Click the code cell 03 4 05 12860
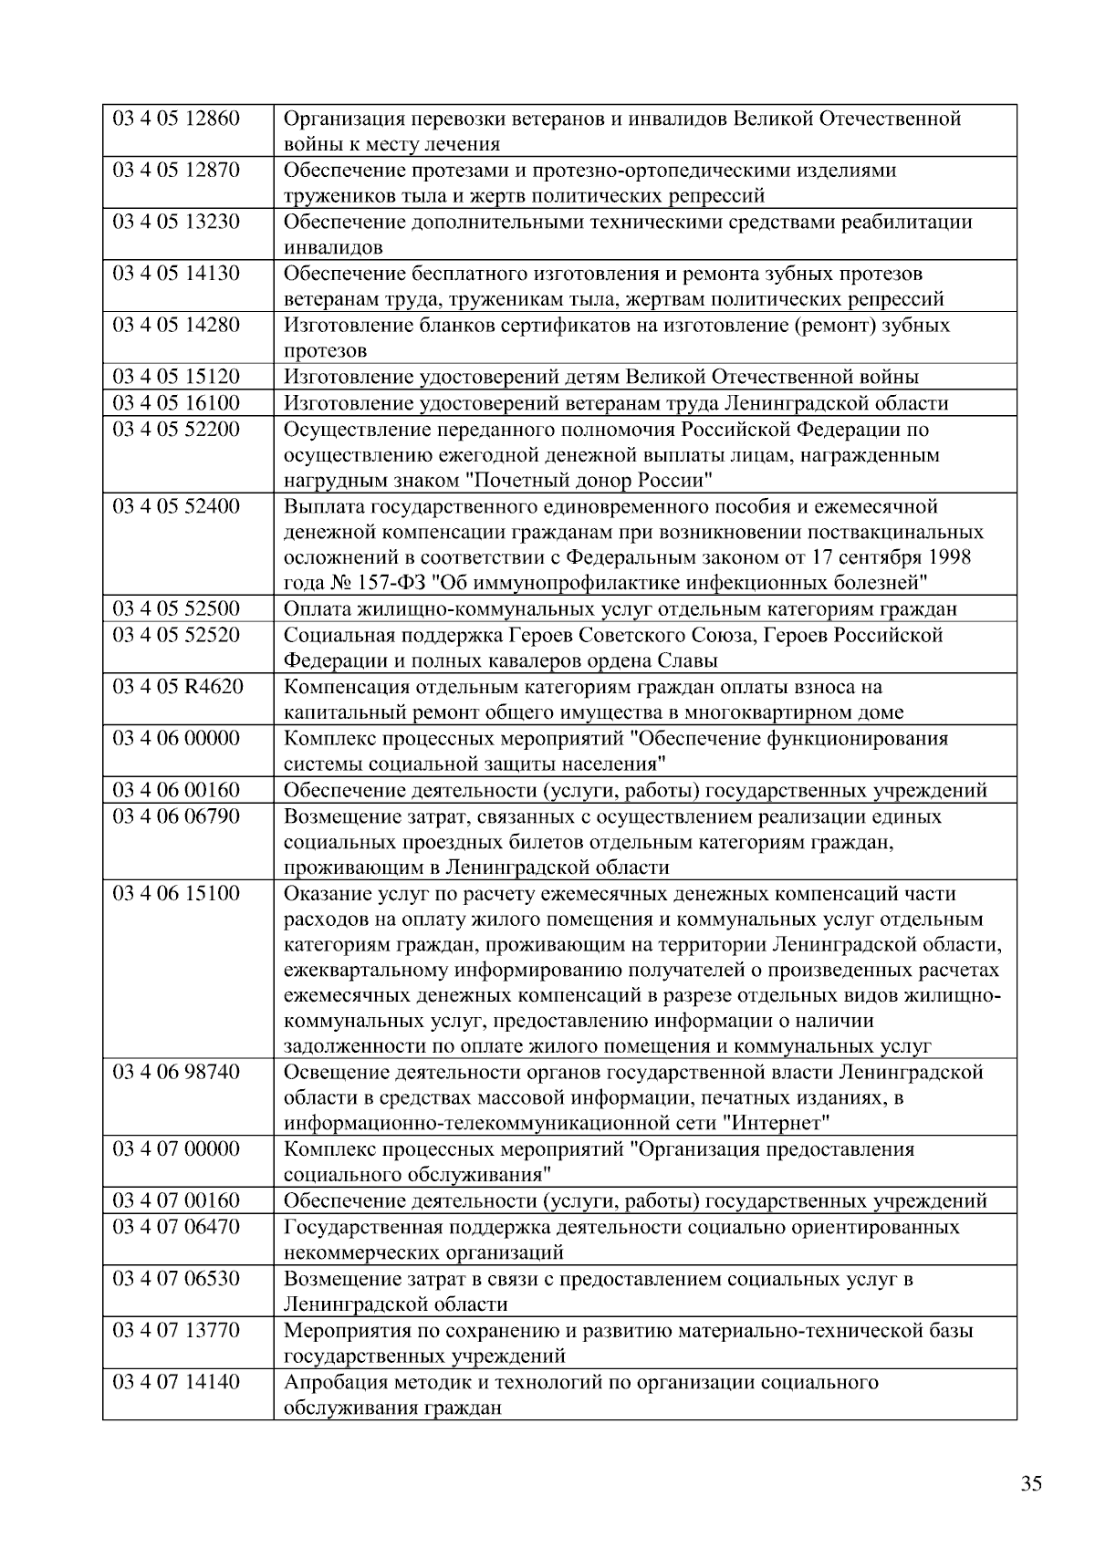coord(175,119)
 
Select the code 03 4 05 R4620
coord(177,687)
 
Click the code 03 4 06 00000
coord(175,738)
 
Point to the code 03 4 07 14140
coord(175,1382)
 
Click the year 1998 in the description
coord(948,557)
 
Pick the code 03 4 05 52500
coord(175,609)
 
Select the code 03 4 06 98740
coord(175,1072)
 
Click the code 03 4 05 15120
coord(175,377)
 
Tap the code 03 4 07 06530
coord(175,1279)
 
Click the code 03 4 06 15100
coord(175,893)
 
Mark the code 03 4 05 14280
coord(175,326)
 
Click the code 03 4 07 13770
coord(175,1330)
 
